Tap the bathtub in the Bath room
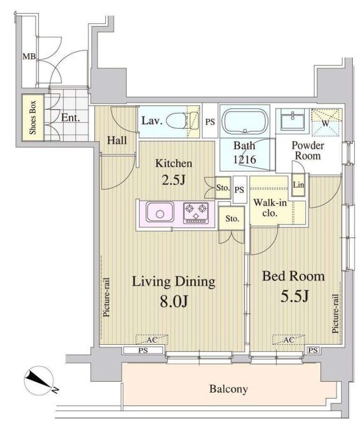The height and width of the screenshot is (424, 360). pos(245,121)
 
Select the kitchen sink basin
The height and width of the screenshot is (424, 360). pos(160,212)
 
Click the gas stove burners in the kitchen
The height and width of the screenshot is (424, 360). pos(196,213)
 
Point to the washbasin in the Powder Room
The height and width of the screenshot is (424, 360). pos(292,119)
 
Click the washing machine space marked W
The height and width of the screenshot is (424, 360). pos(326,122)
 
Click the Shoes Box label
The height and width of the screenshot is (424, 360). pos(32,118)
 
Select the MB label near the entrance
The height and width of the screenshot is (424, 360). pos(29,56)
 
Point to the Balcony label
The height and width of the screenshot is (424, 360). pos(229,389)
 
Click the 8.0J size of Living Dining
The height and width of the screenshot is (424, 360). pos(174,301)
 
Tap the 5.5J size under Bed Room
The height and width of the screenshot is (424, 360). pos(294,296)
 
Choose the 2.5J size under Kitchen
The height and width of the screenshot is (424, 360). pos(174,180)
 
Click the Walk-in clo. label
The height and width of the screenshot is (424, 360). pos(270,208)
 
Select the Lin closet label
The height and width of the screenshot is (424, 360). pos(298,184)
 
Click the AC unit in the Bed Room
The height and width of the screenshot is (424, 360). pos(289,340)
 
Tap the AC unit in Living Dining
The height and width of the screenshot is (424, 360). pos(152,340)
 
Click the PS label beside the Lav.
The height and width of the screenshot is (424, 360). pos(210,122)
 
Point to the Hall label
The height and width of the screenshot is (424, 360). pos(117,141)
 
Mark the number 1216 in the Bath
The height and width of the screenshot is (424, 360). pos(245,160)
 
